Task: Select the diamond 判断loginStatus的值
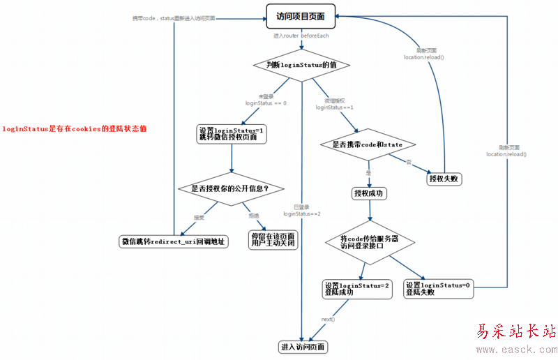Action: click(x=301, y=65)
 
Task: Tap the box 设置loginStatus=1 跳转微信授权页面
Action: click(x=232, y=133)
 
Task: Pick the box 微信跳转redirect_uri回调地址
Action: click(x=173, y=241)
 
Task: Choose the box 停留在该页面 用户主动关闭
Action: click(x=273, y=239)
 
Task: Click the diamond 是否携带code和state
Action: click(x=367, y=144)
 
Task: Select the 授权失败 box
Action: click(x=445, y=179)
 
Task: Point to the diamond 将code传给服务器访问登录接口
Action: click(x=369, y=241)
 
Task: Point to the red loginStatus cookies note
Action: click(x=74, y=128)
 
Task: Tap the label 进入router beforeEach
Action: click(x=301, y=35)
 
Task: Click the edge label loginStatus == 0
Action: click(x=266, y=103)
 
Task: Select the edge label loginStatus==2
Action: click(x=301, y=213)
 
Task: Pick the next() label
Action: click(x=328, y=319)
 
